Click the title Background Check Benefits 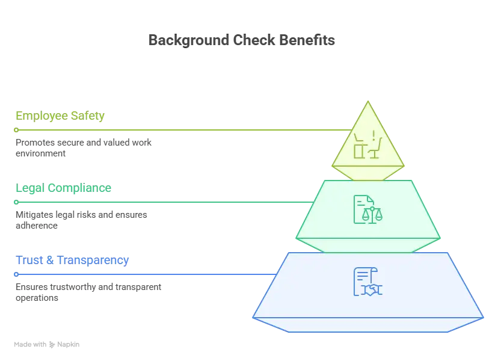point(242,40)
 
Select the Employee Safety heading point(60,116)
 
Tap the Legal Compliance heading point(64,188)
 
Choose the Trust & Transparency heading point(72,261)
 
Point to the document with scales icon point(367,209)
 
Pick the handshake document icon point(367,282)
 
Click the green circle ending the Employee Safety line point(16,130)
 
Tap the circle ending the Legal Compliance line point(16,202)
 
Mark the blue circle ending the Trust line point(16,274)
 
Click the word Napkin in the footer point(69,345)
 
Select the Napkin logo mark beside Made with point(52,345)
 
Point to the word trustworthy point(73,287)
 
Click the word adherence point(37,226)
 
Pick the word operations point(37,298)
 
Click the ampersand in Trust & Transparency point(50,261)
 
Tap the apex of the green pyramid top point(368,101)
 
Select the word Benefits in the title point(307,40)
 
